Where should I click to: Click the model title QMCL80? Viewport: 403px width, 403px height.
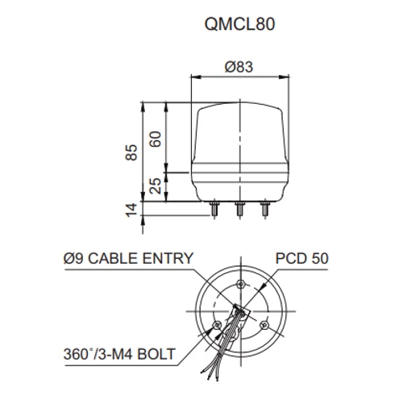click(239, 24)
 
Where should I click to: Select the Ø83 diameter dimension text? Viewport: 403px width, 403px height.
click(239, 67)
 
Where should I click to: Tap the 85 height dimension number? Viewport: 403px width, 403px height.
click(131, 152)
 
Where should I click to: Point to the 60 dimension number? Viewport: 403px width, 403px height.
click(156, 139)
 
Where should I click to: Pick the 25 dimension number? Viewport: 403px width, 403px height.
click(156, 186)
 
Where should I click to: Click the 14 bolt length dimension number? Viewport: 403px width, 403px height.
click(131, 210)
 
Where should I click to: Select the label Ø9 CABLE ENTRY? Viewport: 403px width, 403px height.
click(128, 259)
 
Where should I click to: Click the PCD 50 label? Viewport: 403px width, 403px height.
click(302, 259)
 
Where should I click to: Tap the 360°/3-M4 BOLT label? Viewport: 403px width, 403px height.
click(119, 354)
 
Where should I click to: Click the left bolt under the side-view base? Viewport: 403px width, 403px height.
click(214, 210)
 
